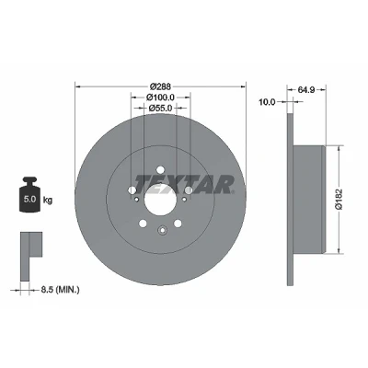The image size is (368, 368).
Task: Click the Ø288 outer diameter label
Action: [x=161, y=86]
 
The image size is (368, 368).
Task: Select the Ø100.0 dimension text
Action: [x=160, y=98]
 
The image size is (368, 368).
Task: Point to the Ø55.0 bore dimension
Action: [x=160, y=108]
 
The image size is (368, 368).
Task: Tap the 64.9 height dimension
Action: [x=306, y=90]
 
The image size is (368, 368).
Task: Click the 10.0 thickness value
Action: [x=267, y=102]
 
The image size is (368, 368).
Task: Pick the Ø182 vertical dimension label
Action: [x=339, y=200]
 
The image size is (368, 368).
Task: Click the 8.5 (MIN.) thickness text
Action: [x=60, y=289]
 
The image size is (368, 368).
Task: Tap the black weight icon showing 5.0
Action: [x=29, y=194]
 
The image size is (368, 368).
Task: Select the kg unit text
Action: [x=48, y=200]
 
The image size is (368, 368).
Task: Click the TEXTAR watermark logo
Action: [x=185, y=185]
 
